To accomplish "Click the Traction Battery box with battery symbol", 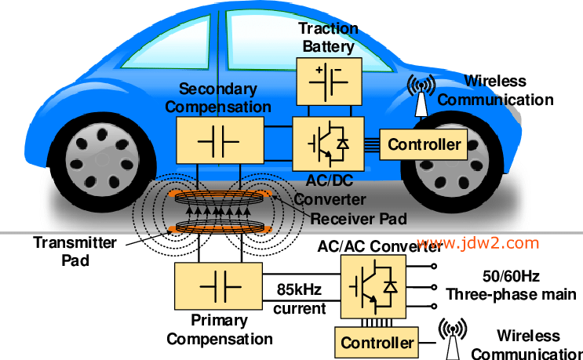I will click(x=328, y=79).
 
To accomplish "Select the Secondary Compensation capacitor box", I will click(x=219, y=141).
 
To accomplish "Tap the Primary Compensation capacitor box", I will click(x=217, y=287).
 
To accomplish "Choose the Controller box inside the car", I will click(x=424, y=144).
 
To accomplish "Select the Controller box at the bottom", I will click(x=377, y=343).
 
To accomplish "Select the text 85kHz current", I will click(x=299, y=298).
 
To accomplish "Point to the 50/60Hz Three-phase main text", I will click(x=509, y=285).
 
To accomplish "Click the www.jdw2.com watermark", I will click(x=479, y=242).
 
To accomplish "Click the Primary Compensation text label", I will click(x=219, y=329).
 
